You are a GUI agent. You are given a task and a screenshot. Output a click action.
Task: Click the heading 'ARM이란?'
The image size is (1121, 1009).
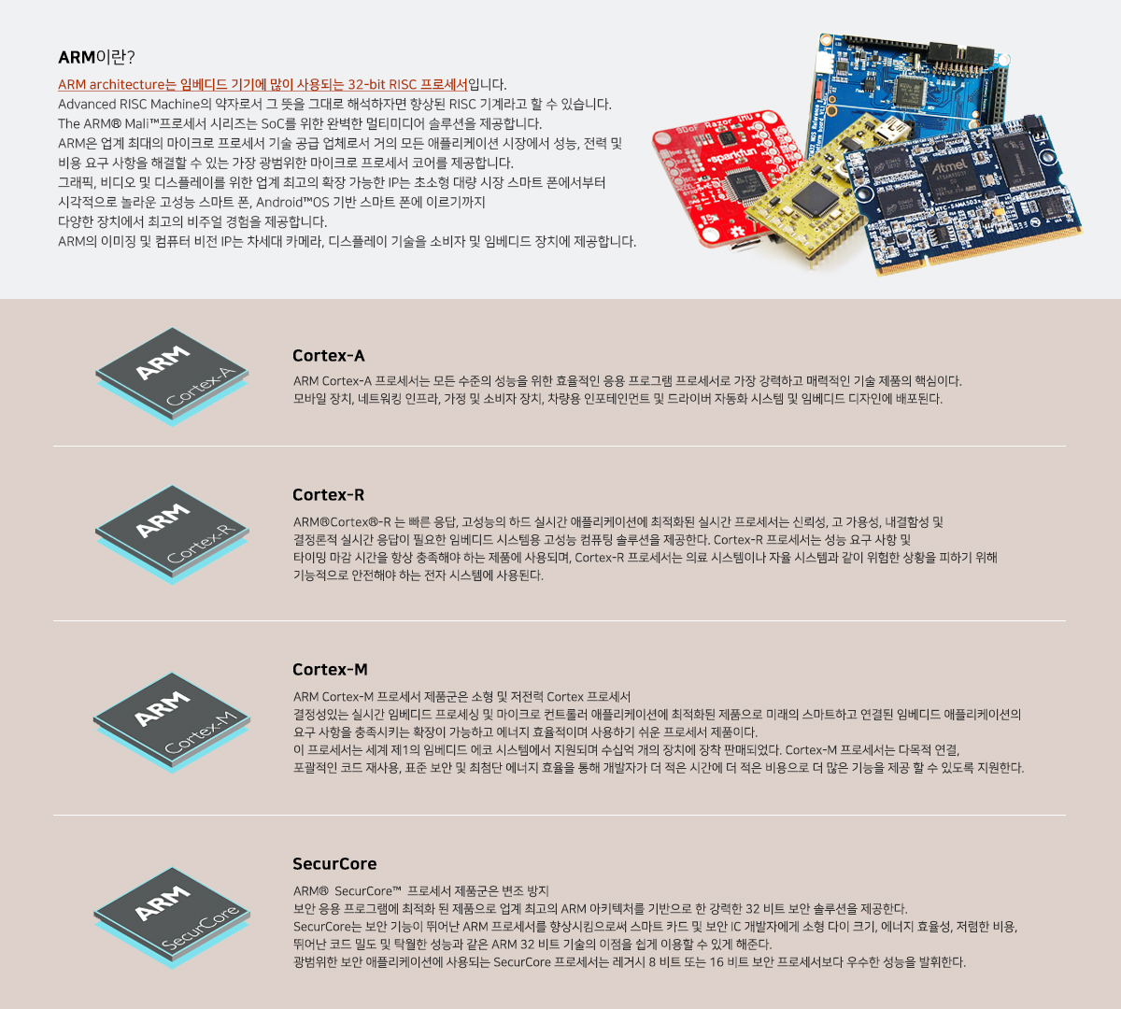96,56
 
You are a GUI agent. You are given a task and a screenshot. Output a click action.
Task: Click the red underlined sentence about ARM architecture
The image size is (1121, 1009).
263,84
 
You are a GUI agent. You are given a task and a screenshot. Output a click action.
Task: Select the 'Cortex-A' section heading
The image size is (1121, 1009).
329,356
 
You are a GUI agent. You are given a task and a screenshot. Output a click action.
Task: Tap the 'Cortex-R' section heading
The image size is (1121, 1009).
329,495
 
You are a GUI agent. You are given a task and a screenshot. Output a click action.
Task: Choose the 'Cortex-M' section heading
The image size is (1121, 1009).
331,669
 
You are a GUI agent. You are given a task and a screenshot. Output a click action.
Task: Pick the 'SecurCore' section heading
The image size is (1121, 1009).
334,863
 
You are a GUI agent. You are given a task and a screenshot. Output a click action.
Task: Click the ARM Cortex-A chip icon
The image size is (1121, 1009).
172,377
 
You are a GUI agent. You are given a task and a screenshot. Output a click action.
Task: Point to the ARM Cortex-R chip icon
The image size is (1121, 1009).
172,534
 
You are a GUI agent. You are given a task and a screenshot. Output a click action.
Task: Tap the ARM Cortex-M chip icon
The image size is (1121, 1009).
172,722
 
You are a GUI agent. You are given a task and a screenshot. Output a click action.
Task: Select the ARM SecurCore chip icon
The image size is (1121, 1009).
172,917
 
